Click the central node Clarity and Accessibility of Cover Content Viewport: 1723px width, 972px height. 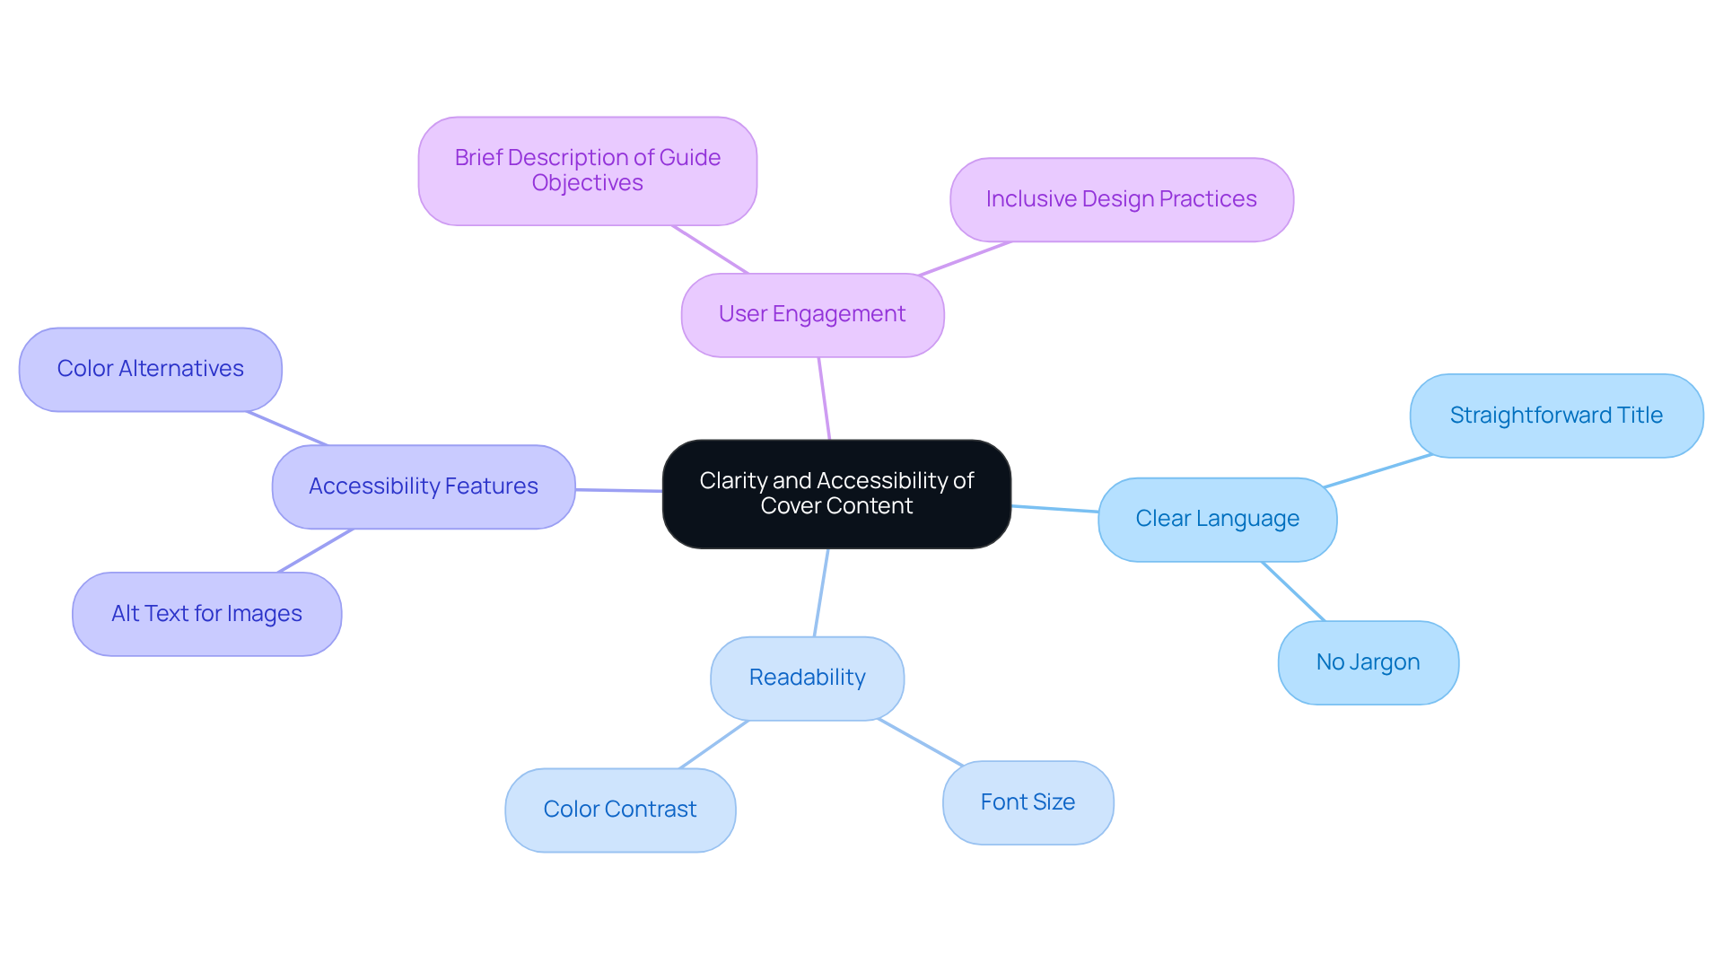(836, 494)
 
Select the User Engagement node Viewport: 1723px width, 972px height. (812, 315)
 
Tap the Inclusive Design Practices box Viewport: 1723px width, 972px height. (1121, 199)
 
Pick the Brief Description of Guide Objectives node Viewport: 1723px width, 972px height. (587, 171)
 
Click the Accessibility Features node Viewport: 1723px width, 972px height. (423, 486)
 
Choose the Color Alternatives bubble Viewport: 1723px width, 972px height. (150, 369)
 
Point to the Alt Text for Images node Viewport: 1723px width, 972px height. (206, 614)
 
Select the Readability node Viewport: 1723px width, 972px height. (807, 678)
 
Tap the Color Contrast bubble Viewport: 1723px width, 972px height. (619, 810)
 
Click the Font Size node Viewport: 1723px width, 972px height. (1028, 802)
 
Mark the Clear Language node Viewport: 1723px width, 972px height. (1217, 519)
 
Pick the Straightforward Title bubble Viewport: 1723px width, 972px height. (1555, 416)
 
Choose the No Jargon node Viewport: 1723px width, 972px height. (1368, 662)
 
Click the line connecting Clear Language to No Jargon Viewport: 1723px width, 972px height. (1293, 591)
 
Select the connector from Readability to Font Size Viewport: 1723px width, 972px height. (920, 742)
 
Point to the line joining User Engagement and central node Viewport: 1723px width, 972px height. (824, 398)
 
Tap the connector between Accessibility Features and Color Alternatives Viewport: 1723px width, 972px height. (287, 428)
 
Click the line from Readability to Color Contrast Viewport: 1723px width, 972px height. (714, 744)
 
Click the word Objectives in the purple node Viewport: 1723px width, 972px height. (587, 183)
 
